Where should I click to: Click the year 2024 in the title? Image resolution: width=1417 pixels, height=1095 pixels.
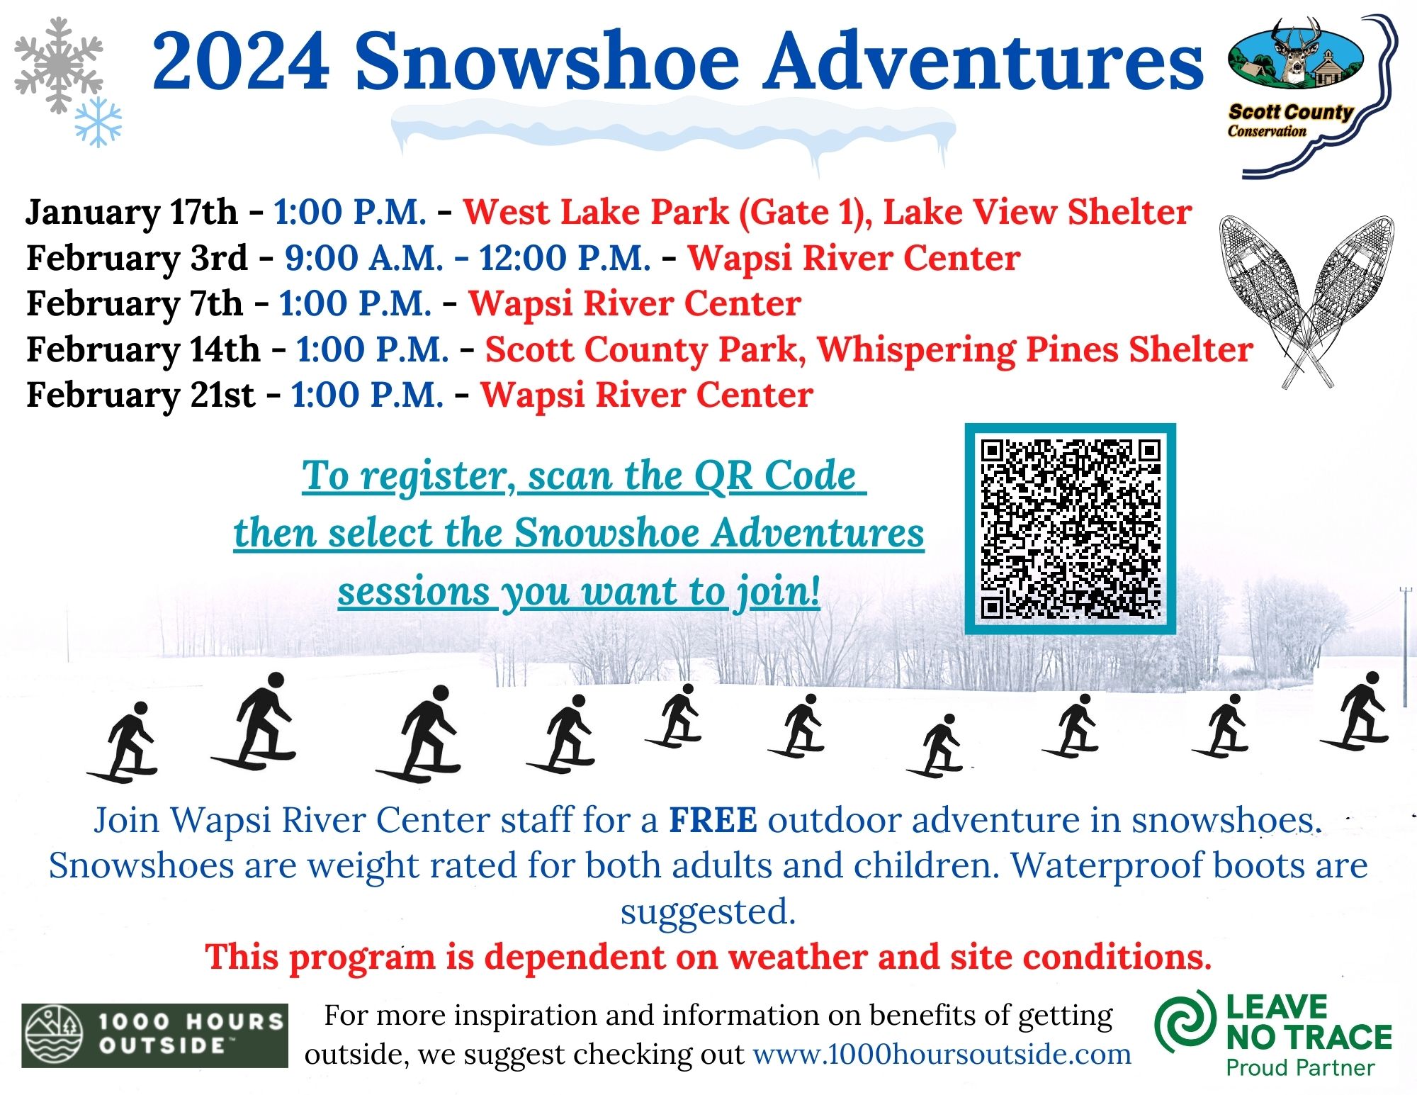pos(241,62)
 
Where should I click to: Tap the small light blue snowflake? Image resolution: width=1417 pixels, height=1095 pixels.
pos(98,123)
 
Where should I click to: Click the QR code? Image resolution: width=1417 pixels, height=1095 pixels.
pos(1071,529)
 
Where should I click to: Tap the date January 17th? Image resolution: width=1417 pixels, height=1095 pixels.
pos(132,213)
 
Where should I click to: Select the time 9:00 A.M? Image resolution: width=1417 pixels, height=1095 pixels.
pos(364,258)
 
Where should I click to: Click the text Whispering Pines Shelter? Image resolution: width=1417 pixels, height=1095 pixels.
pos(1035,350)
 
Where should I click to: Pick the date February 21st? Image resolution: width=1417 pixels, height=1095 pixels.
pos(140,395)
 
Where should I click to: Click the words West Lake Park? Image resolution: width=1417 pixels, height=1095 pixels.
pos(596,212)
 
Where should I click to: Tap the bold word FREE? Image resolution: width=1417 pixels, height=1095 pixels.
pos(713,820)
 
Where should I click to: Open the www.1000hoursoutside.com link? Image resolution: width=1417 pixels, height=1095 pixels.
pos(942,1054)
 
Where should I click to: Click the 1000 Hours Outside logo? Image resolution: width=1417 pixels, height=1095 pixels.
pos(154,1035)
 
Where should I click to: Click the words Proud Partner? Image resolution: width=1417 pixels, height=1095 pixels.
pos(1300,1067)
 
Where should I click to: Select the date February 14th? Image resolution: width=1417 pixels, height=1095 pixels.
pos(143,349)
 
